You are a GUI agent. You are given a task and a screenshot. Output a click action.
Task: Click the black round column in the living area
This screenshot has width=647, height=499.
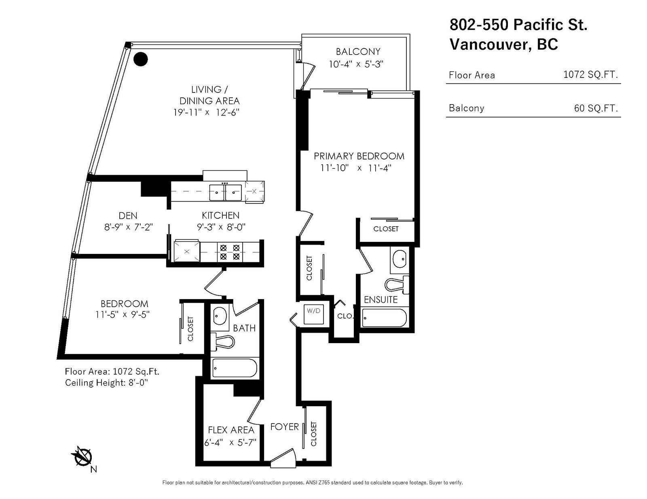[x=140, y=59]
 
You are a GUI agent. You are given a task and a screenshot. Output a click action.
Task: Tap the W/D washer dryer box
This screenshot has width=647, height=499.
[x=313, y=314]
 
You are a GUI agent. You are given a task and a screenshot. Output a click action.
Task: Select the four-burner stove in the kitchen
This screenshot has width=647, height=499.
[x=230, y=252]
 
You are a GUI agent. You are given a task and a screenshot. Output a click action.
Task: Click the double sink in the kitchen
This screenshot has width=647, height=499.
[x=225, y=193]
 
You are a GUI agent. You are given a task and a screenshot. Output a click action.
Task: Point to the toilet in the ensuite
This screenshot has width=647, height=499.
[x=397, y=284]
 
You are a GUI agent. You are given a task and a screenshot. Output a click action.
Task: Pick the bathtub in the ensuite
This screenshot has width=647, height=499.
[x=384, y=318]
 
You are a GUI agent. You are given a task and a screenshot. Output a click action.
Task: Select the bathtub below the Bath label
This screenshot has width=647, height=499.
[x=235, y=368]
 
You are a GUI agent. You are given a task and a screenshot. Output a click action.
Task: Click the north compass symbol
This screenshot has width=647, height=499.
[x=83, y=458]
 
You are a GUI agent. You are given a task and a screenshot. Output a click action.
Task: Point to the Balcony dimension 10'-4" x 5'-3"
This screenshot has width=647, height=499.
[x=356, y=64]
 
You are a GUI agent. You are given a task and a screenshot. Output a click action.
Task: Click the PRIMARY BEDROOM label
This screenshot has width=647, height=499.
[x=359, y=156]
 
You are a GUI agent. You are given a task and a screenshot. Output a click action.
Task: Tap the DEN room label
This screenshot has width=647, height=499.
[x=128, y=216]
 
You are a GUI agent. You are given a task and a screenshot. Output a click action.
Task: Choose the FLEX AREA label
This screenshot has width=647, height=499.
[x=231, y=430]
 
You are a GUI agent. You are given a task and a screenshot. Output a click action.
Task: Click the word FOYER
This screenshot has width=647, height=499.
[x=284, y=427]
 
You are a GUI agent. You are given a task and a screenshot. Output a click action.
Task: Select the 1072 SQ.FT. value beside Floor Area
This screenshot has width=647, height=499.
[x=590, y=74]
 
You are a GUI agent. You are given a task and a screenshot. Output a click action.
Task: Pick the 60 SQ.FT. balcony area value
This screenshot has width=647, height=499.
[x=596, y=108]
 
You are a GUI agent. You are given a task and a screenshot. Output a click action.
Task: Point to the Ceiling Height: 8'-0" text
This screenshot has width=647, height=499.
[x=107, y=382]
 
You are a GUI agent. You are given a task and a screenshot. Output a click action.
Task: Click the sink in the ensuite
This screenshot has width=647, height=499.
[x=399, y=258]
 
